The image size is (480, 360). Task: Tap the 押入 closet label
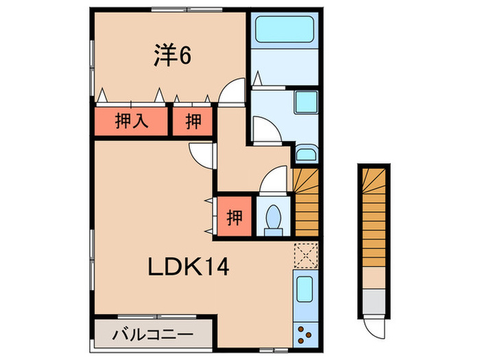[x=131, y=121]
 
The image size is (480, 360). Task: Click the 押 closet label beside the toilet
[x=234, y=217]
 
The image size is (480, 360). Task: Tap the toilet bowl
[x=274, y=218]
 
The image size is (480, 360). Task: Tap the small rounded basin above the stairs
[x=306, y=154]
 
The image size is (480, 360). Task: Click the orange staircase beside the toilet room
[x=306, y=202]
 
